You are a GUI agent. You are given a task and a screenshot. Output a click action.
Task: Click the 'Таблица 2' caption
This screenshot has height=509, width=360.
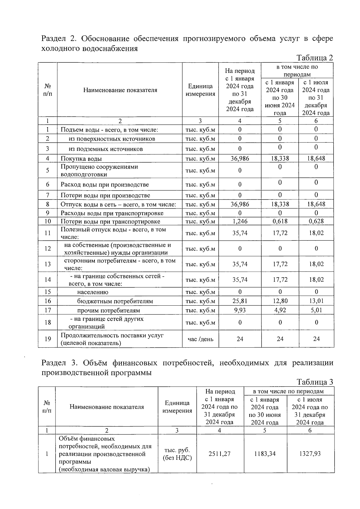(314, 58)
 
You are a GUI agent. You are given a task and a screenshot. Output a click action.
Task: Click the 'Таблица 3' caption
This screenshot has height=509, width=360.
(314, 382)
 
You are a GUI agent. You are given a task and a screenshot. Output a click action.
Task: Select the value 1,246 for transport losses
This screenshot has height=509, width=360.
(240, 221)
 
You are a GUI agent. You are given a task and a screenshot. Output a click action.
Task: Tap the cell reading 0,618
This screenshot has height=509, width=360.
(280, 221)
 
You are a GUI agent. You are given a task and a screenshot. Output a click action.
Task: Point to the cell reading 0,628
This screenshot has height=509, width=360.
(316, 221)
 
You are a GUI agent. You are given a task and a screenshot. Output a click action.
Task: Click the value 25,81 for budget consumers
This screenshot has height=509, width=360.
(240, 301)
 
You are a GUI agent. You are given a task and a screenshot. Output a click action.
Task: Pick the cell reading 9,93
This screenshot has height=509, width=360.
(240, 310)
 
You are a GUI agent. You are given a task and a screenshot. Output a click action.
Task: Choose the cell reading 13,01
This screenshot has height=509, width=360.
(316, 301)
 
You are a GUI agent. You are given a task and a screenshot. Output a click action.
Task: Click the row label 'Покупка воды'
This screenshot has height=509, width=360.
(81, 159)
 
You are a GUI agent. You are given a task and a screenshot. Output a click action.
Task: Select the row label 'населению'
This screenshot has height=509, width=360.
(93, 292)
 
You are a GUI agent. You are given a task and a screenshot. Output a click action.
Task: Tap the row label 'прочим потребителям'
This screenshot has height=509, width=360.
(108, 310)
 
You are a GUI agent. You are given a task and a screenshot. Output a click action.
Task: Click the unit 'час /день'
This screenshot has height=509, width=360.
(200, 339)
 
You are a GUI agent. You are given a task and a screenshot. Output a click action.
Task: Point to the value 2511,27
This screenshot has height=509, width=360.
(219, 454)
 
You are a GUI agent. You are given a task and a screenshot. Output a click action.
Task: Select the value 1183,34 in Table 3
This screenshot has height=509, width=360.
(265, 454)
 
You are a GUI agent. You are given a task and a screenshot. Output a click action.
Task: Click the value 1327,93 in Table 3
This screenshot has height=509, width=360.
(310, 454)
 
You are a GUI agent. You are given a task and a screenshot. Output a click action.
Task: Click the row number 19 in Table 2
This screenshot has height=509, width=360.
(47, 339)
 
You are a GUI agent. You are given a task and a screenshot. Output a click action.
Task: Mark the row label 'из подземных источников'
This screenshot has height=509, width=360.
(106, 149)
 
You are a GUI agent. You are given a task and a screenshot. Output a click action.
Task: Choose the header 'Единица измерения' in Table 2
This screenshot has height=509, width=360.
(200, 90)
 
